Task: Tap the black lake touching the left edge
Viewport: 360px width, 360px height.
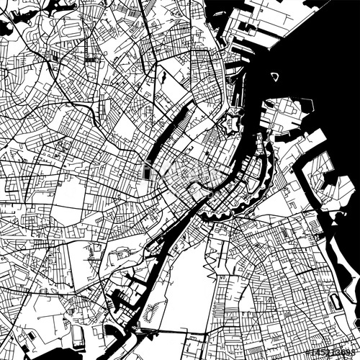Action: tap(6, 29)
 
